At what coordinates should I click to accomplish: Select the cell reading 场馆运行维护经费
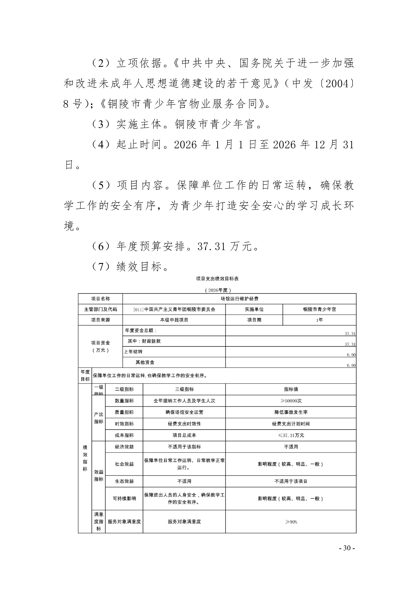(x=239, y=299)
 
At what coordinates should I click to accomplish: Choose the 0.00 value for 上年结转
(x=351, y=355)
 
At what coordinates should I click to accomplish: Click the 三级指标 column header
(x=184, y=389)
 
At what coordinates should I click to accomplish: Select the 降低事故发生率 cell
(x=291, y=412)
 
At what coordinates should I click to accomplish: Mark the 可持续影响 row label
(x=124, y=498)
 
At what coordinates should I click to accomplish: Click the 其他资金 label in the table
(x=145, y=362)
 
